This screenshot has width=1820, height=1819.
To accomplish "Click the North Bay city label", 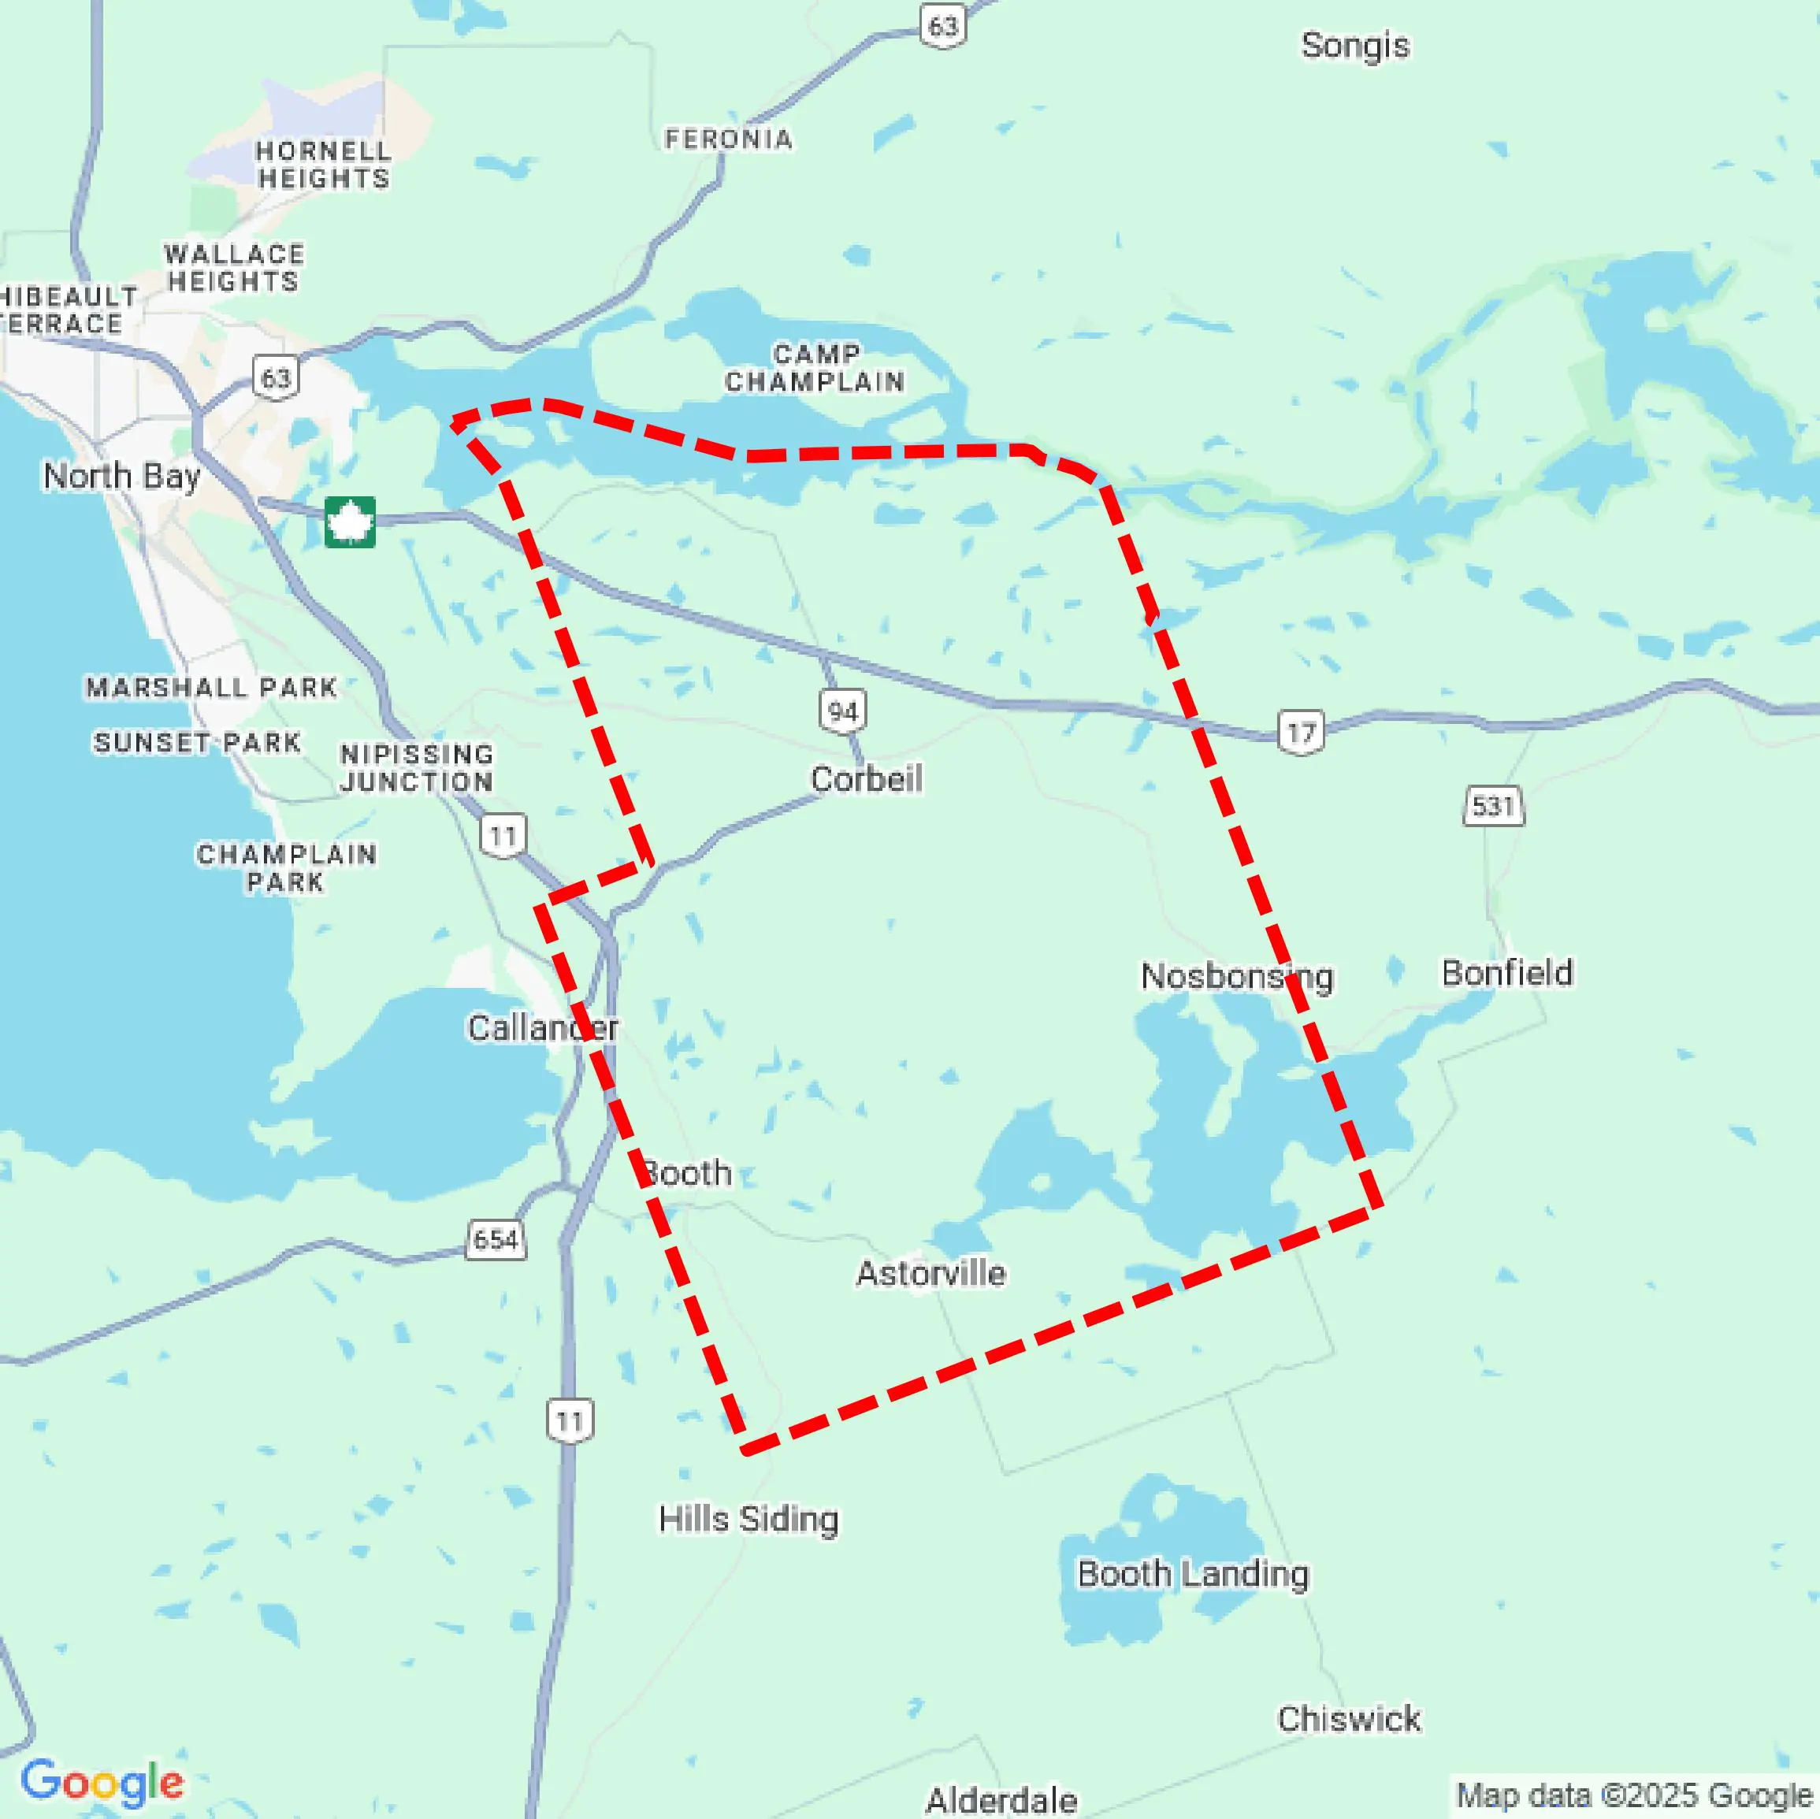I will (121, 476).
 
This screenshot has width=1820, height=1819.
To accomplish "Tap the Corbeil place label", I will (866, 779).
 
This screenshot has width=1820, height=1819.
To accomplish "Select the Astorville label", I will (930, 1274).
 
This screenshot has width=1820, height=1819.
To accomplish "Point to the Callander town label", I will (543, 1028).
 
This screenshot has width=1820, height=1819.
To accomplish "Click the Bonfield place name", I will (1506, 973).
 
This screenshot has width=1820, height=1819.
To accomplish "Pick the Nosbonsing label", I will (1236, 977).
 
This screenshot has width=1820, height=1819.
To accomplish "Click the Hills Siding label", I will (748, 1520).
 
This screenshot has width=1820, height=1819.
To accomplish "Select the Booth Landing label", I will (1193, 1574).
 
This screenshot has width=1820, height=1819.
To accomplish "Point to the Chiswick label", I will (1348, 1719).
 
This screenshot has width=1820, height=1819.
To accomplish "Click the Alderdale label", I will (1001, 1800).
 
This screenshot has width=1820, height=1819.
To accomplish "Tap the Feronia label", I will (728, 139).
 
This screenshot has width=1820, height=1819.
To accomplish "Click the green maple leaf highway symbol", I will (350, 522).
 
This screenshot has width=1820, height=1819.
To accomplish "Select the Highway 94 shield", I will (842, 711).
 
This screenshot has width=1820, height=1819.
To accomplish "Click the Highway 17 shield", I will (1301, 732).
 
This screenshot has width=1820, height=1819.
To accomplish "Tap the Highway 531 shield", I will (1493, 807).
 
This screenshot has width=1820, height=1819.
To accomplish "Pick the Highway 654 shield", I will (496, 1240).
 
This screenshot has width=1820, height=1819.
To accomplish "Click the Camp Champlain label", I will (815, 369).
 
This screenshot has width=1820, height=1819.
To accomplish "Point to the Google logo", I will (102, 1780).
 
